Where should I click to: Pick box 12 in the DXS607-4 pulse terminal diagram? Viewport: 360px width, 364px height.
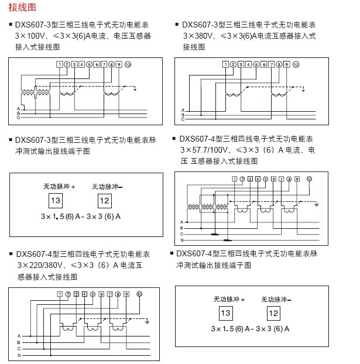coord(273,312)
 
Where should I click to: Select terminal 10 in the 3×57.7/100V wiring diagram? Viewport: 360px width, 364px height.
coord(310,178)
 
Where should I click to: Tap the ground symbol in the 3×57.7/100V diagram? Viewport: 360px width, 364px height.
coord(317,204)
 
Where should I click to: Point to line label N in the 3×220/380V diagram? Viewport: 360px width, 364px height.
coord(19,355)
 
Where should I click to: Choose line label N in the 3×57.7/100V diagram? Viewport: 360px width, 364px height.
coord(181,240)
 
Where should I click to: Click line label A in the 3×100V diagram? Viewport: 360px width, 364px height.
coord(19,108)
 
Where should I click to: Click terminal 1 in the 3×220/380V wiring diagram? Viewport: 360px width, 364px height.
coord(60,294)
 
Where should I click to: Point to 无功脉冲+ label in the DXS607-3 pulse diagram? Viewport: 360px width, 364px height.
coord(60,187)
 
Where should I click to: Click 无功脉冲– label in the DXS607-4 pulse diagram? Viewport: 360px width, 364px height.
coord(276,299)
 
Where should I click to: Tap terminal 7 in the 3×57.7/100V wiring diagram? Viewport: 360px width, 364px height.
coord(281,178)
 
